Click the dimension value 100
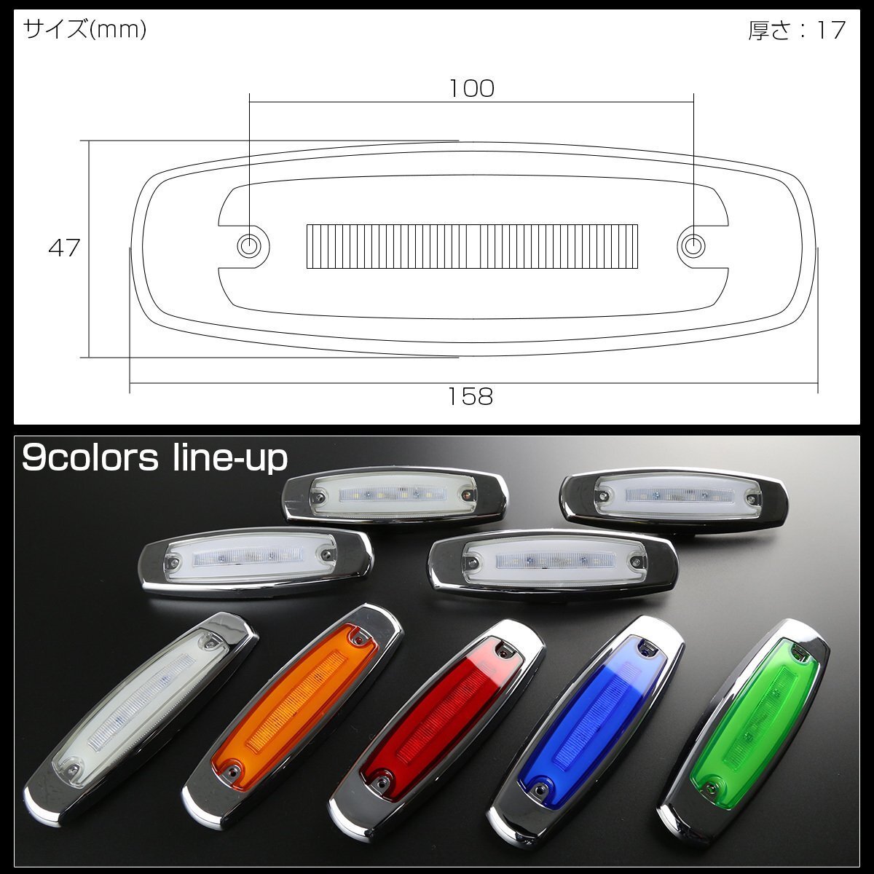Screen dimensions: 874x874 coord(472,88)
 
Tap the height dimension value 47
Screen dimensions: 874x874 coord(64,248)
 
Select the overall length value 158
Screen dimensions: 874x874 coord(471,396)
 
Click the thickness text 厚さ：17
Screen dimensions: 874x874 coord(797,30)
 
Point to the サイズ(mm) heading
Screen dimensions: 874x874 coord(84,29)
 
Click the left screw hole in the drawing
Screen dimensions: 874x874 coord(249,246)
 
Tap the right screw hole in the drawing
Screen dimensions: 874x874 coord(693,246)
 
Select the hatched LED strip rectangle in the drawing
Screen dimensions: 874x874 coord(472,246)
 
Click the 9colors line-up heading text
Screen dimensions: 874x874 coord(154,459)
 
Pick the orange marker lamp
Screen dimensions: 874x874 coord(293,711)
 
